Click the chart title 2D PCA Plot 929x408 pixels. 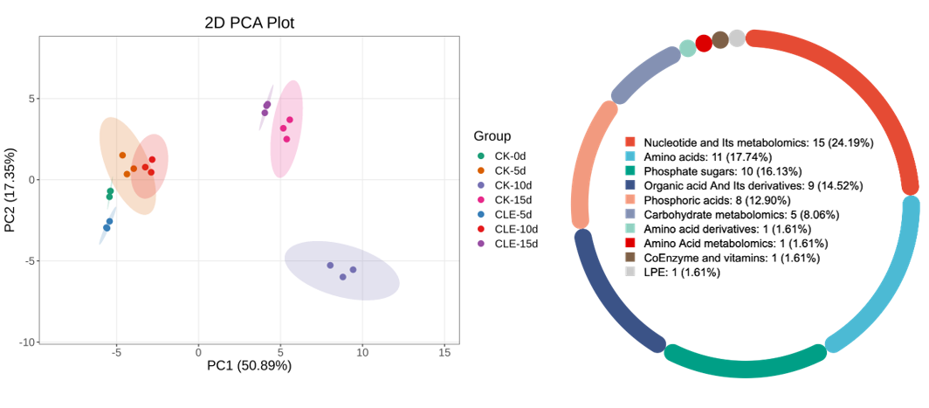[249, 23]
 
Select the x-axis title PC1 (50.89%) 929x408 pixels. [249, 365]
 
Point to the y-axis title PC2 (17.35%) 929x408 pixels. [11, 190]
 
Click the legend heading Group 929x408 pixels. [492, 136]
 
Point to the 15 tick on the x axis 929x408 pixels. [444, 351]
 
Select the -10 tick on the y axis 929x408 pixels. [26, 342]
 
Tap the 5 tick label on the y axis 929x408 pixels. [31, 99]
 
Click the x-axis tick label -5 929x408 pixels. [116, 351]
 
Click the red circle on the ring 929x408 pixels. [704, 44]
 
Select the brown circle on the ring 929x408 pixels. [720, 40]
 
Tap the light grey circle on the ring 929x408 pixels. [737, 38]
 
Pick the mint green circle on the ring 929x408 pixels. [687, 48]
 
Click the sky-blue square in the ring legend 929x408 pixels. [630, 156]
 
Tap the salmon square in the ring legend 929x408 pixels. [630, 199]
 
